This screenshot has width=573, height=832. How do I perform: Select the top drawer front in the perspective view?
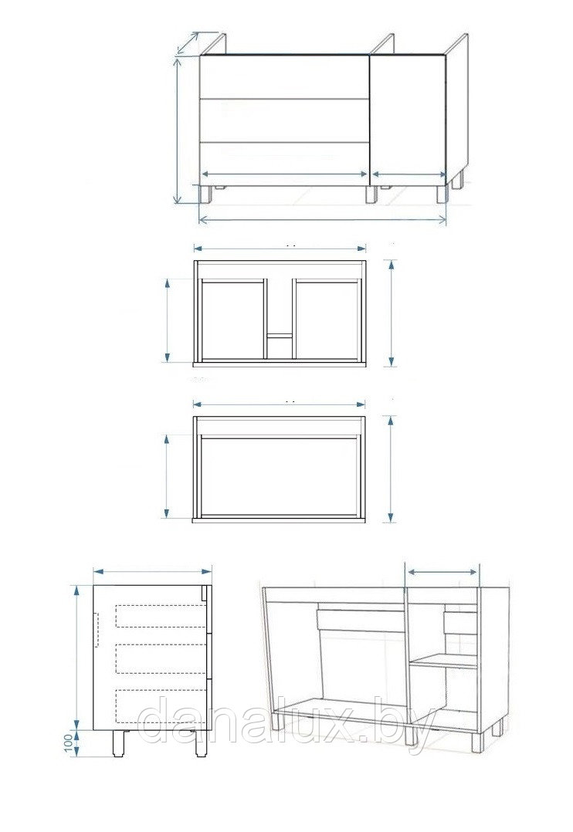coord(284,76)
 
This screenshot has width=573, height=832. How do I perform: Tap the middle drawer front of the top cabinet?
coord(284,120)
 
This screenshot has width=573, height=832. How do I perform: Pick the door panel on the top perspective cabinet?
coord(408,120)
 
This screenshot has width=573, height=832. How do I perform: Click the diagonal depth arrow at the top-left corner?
coord(188,43)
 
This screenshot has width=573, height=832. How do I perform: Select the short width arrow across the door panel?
coord(409,174)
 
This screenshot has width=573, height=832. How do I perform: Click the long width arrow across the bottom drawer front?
coord(284,174)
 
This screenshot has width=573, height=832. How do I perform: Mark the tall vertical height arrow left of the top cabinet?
coord(178,130)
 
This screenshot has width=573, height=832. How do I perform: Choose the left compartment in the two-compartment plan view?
coord(232,321)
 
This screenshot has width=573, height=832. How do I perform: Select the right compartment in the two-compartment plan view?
coord(326,321)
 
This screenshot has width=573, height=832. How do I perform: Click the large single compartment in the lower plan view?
coord(280,476)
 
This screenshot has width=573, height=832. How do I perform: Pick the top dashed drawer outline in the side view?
coord(161,616)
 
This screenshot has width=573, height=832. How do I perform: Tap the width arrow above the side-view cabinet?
coord(152,571)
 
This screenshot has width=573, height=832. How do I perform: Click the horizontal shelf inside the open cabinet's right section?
coord(444,661)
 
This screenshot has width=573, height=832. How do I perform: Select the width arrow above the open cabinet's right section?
coord(442,572)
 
